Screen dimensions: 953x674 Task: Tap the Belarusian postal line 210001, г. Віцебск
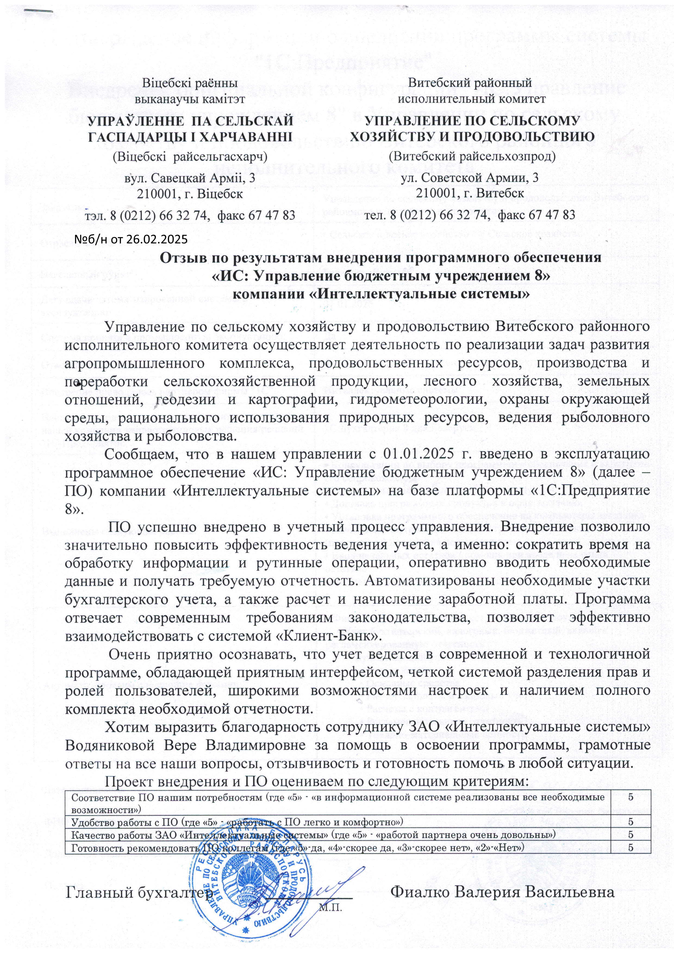tap(190, 194)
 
